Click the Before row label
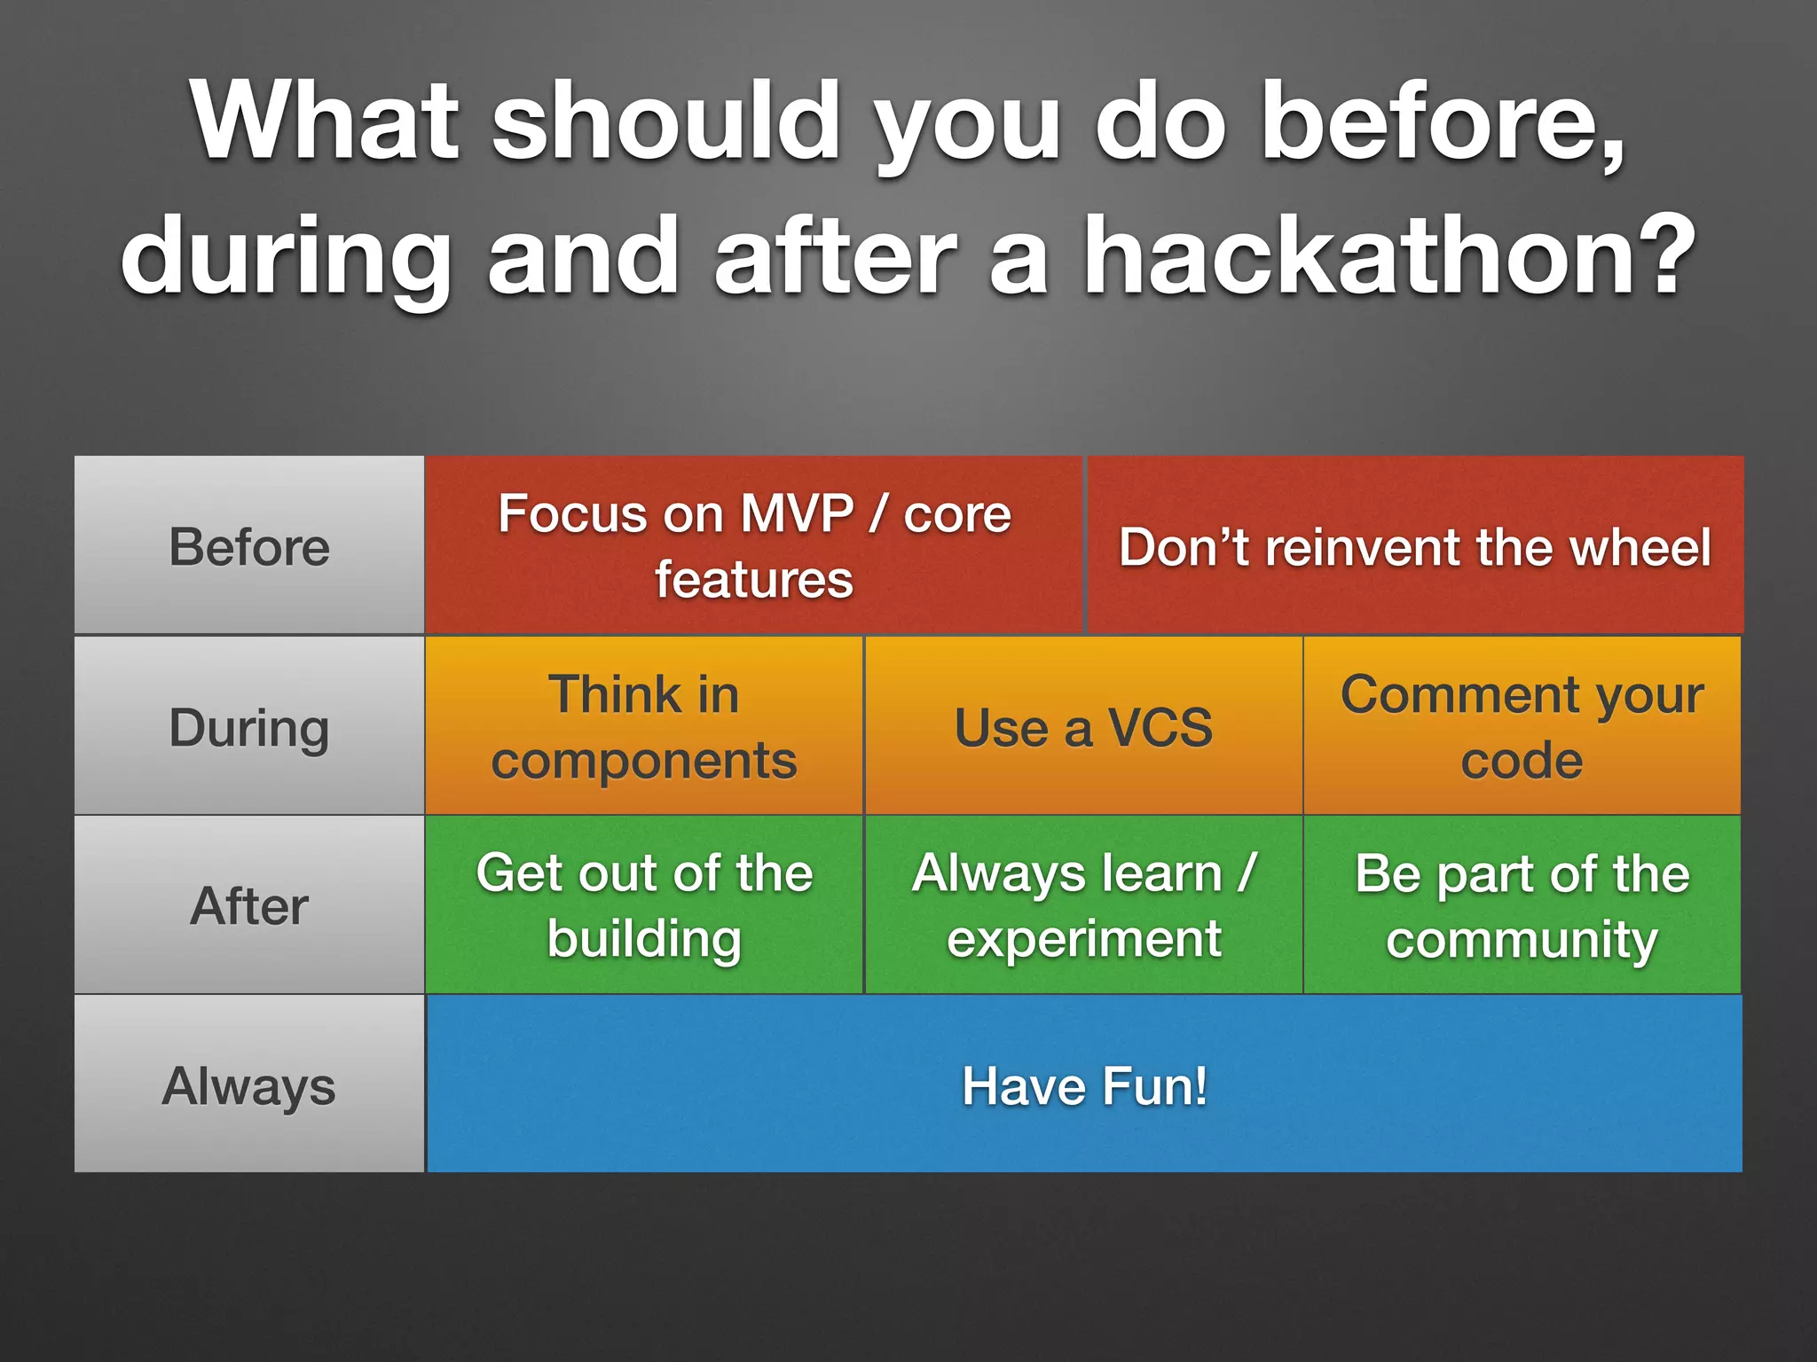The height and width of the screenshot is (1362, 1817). [249, 546]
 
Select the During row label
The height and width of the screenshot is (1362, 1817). [249, 727]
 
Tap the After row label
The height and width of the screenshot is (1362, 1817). [249, 906]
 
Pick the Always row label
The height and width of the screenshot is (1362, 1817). [249, 1086]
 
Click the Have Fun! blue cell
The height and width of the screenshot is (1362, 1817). [1084, 1086]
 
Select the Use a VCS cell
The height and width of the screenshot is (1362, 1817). [1083, 727]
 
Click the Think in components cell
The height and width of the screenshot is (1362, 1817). [644, 727]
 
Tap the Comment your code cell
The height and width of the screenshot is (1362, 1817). [1522, 727]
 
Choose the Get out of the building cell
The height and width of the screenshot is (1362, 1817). [644, 906]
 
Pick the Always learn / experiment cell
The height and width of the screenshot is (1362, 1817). [1083, 906]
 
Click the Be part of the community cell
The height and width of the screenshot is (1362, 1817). [1522, 906]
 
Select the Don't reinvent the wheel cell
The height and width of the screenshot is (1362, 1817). [1415, 546]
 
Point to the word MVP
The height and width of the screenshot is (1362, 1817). [797, 513]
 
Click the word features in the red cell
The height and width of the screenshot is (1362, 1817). [754, 580]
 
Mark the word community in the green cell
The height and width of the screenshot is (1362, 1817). [1522, 940]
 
